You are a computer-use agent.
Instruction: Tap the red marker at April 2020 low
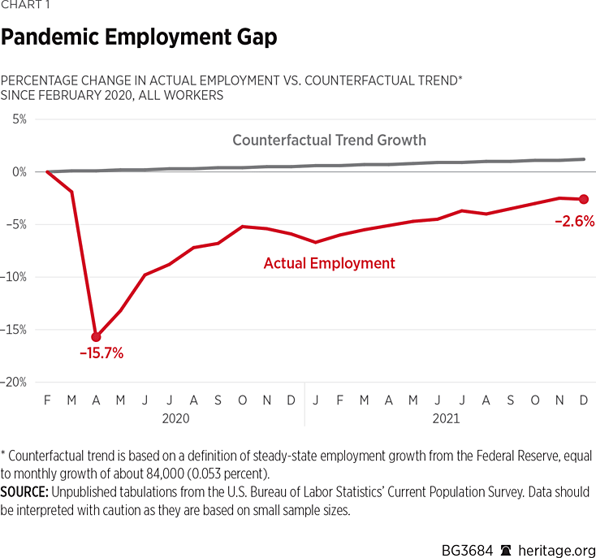(97, 336)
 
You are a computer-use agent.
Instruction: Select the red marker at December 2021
(585, 199)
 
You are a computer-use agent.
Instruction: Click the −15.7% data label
(101, 353)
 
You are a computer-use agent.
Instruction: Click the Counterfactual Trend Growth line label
(329, 140)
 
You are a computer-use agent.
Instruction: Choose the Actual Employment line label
(330, 263)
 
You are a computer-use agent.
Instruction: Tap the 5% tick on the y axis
(18, 119)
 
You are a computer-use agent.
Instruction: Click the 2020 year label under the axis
(175, 419)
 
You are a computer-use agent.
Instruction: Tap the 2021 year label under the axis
(445, 419)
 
